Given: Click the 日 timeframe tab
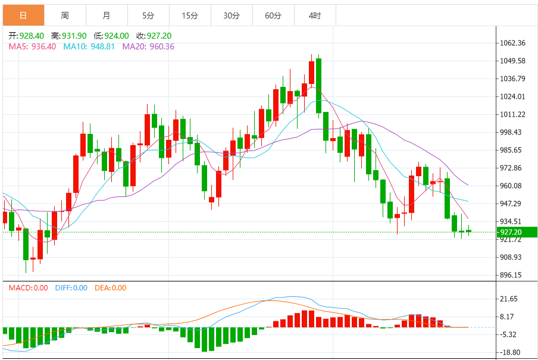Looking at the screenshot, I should coord(23,15).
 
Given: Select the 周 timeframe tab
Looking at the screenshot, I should coord(64,15).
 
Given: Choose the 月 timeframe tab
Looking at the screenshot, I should coord(106,15).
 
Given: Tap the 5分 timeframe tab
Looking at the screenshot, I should coord(148,15).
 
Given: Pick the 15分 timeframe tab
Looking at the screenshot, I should coord(190,15).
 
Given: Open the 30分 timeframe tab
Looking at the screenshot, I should coord(232,15).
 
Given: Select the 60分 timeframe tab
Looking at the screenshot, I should coord(273,15).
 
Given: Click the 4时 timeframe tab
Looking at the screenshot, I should coord(315,15).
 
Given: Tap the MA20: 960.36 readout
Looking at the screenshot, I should coord(148,46).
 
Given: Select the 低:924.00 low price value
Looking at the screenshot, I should coord(112,36).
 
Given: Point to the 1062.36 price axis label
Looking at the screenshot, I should coord(512,43).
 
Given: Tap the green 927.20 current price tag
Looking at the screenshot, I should coord(515,232).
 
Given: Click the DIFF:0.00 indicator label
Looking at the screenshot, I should coord(71,288).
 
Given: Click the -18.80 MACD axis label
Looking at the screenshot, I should coord(511,352).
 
